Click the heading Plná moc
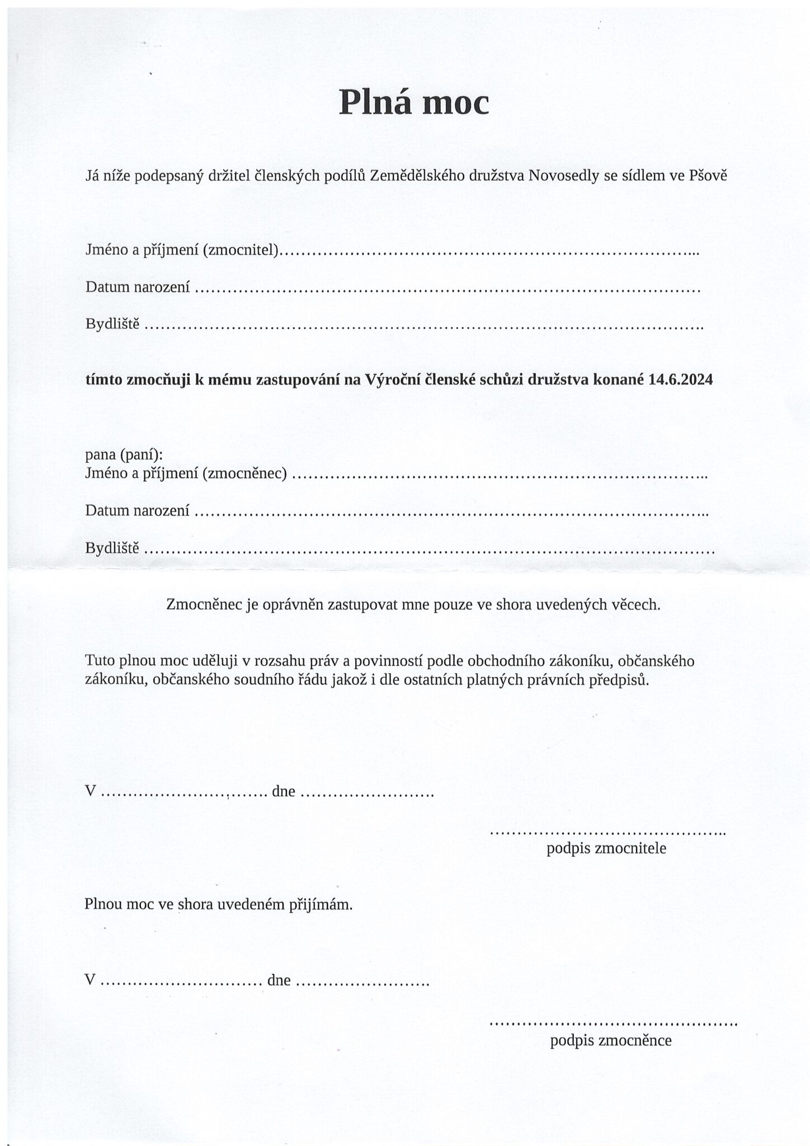414,102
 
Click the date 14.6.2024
681,380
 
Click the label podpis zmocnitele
606,848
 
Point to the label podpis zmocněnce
610,1041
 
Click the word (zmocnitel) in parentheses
241,251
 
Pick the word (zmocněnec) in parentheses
244,475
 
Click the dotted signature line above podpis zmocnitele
607,833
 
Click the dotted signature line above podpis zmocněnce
613,1025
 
